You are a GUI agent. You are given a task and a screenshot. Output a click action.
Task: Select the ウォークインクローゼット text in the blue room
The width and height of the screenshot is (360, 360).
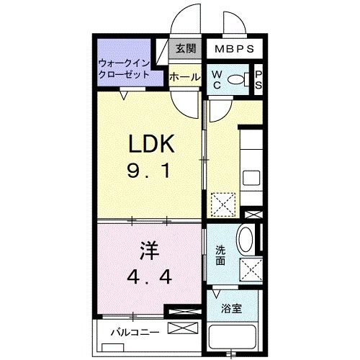[x=124, y=68]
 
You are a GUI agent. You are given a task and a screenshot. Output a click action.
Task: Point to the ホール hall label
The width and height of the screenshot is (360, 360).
[x=184, y=76]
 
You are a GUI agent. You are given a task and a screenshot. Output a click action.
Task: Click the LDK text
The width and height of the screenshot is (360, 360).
[x=152, y=144]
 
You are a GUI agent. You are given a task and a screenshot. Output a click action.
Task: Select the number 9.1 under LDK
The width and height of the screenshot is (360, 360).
[x=151, y=173]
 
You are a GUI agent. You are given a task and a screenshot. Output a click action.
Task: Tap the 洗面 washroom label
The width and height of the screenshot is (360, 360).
[x=221, y=256]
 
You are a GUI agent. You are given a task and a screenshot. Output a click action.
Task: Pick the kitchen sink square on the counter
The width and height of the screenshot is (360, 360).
[x=251, y=177]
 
